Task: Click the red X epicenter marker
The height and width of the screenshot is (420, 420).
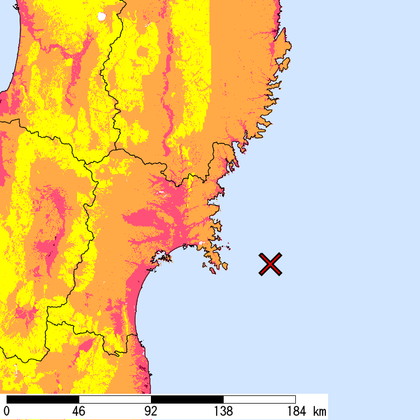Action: coord(270,264)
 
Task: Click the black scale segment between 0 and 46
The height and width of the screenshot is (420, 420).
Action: coord(43,399)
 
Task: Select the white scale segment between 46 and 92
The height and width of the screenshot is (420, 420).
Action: coord(115,399)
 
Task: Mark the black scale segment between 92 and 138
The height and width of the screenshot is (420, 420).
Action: coord(187,399)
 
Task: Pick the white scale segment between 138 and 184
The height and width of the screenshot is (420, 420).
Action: coord(259,399)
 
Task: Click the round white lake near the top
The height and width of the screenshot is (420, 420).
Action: coord(101,16)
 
